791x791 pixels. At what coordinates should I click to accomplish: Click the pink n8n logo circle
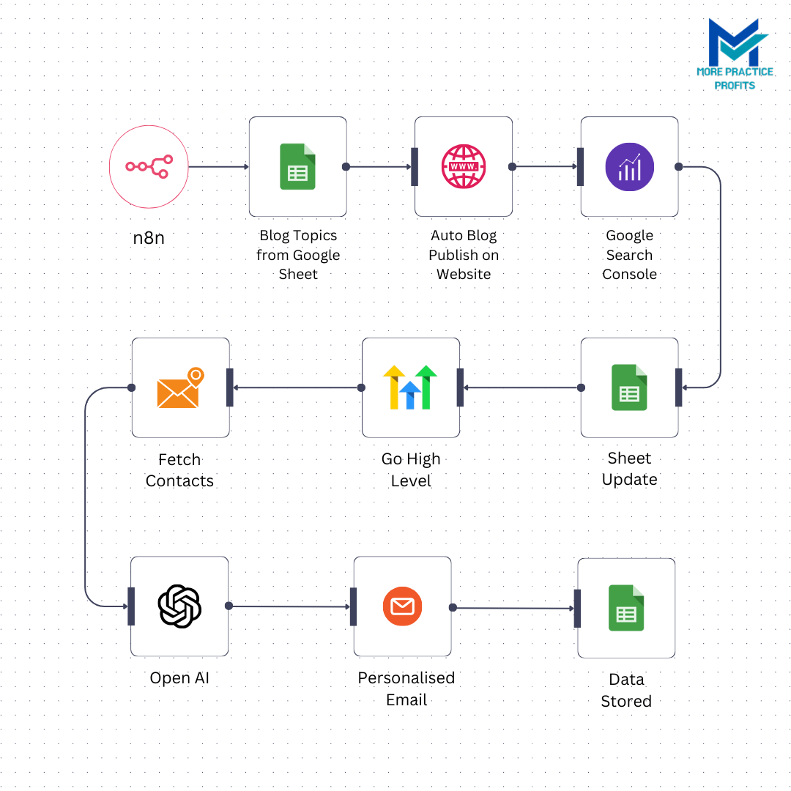tap(149, 167)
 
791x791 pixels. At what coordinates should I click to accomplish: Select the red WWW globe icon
tap(464, 167)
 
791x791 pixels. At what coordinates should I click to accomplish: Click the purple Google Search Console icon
tap(629, 167)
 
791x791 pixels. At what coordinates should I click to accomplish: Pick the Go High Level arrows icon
tap(410, 387)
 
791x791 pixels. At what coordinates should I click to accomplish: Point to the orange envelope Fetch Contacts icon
tap(179, 387)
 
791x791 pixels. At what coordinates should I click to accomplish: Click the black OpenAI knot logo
tap(179, 606)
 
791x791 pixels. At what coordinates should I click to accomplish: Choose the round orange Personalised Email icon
tap(403, 606)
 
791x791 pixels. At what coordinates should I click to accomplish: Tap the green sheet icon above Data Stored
tap(626, 608)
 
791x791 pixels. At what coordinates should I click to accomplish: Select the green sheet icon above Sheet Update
tap(629, 387)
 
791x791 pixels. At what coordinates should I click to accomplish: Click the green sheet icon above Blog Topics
tap(297, 167)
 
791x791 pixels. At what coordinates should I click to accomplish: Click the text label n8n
tap(149, 238)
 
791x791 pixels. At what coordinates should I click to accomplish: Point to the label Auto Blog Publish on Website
tap(464, 255)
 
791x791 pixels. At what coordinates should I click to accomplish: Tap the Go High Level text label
tap(411, 469)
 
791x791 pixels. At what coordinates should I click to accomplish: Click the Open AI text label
tap(179, 678)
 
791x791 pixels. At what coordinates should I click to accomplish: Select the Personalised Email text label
tap(406, 688)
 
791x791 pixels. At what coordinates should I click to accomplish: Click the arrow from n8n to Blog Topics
tap(218, 167)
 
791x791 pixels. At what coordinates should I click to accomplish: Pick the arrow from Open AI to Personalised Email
tap(289, 606)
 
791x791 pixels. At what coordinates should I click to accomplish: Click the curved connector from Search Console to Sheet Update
tap(719, 278)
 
